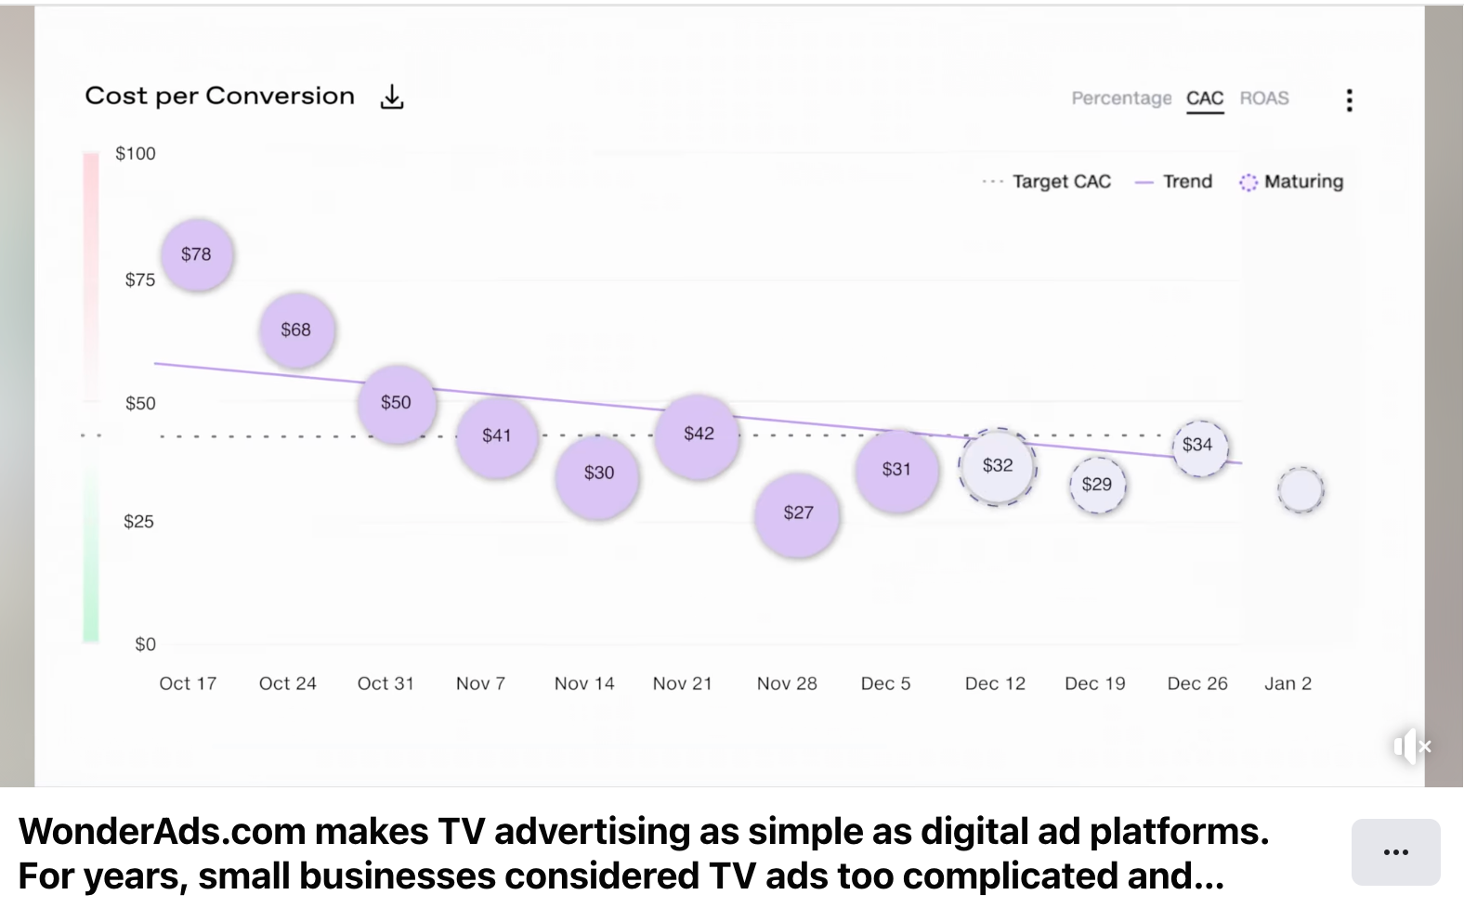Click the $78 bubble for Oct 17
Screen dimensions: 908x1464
[196, 254]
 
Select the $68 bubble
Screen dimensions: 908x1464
[296, 330]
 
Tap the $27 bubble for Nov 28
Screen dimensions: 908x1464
[798, 512]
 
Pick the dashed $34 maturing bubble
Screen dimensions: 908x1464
[1198, 446]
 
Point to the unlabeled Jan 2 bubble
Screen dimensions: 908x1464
[1301, 490]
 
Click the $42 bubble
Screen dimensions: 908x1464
[698, 435]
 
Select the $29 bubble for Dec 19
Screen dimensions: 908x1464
[1097, 485]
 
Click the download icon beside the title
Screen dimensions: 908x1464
[392, 97]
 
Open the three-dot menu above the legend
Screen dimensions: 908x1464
[1349, 100]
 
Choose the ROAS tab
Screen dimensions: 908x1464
[1264, 98]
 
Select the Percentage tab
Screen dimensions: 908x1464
[1121, 98]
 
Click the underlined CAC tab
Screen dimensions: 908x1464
[1205, 98]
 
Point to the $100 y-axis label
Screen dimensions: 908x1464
[136, 154]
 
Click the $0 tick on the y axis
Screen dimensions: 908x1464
[145, 644]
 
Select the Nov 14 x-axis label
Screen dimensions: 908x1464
[584, 684]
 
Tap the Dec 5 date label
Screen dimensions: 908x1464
[885, 684]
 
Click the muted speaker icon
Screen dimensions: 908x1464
[1412, 746]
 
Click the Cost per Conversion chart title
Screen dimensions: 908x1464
[220, 97]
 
